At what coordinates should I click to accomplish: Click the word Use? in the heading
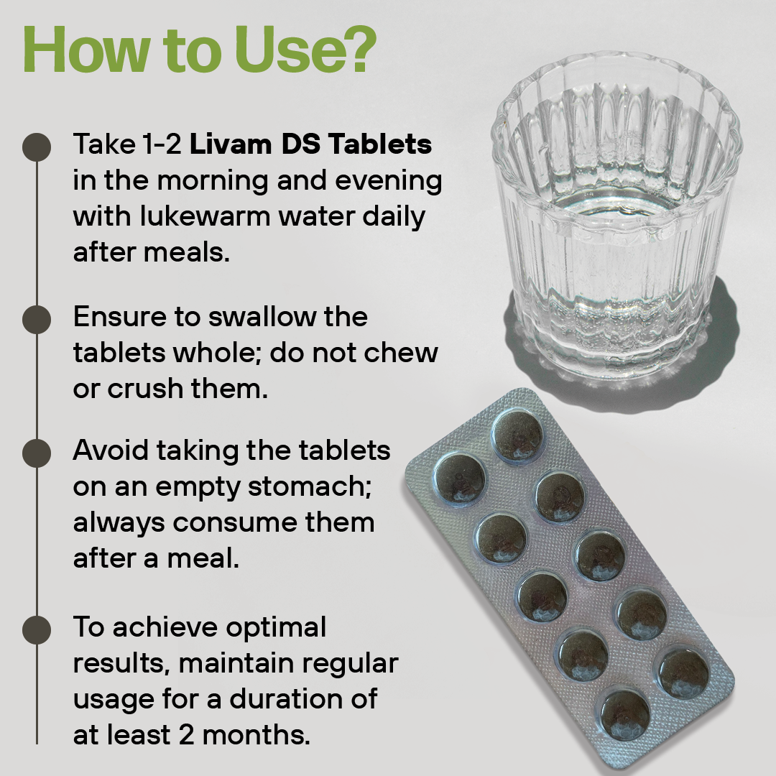(305, 50)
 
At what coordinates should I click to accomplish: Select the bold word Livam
(231, 144)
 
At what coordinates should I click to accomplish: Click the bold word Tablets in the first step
(380, 144)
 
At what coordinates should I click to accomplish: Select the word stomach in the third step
(309, 486)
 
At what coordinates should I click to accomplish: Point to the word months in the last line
(256, 735)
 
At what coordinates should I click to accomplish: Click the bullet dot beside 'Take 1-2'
(37, 147)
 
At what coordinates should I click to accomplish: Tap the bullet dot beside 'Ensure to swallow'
(37, 319)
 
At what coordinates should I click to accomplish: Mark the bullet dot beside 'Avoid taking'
(37, 453)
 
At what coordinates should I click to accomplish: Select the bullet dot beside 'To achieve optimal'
(37, 630)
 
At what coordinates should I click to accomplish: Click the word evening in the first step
(389, 181)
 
